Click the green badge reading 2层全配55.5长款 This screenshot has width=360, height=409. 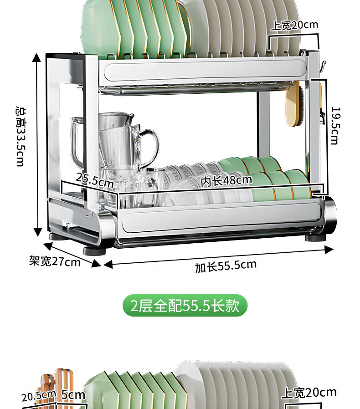click(185, 306)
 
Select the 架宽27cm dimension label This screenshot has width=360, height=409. click(55, 261)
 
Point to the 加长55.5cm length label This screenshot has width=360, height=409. click(226, 266)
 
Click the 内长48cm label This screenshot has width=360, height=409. click(226, 180)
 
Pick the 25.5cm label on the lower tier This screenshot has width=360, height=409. click(95, 180)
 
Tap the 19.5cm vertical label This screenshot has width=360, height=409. click(336, 125)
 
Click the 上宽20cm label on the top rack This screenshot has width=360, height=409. click(294, 25)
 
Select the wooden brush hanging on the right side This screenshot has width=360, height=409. click(294, 104)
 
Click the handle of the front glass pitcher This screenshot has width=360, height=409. click(151, 146)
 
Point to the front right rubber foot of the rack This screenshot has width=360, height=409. click(316, 238)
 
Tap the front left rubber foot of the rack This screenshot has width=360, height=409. click(94, 251)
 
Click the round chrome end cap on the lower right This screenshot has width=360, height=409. click(330, 215)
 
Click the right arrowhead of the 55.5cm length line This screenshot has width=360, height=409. click(329, 250)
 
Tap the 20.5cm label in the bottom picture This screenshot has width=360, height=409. click(39, 396)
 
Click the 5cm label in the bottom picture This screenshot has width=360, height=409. click(73, 395)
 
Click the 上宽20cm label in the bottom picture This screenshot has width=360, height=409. click(309, 393)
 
